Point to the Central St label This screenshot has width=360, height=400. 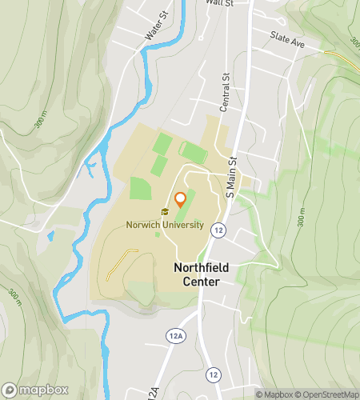226,93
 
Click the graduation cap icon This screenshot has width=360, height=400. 165,212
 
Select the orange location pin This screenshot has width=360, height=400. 180,199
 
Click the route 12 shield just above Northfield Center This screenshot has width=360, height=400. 218,230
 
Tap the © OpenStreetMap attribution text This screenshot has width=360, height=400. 328,394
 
